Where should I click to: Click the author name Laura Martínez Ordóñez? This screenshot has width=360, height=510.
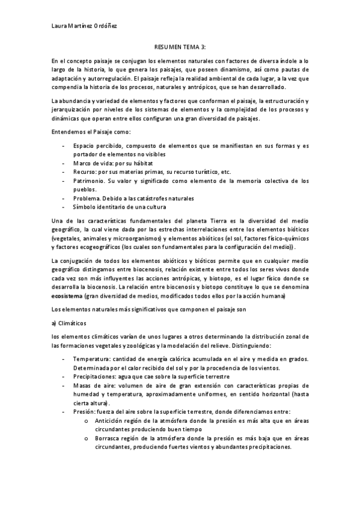(84, 26)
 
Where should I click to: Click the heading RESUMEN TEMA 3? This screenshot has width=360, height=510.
(180, 52)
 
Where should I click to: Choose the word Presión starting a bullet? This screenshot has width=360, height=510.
(85, 412)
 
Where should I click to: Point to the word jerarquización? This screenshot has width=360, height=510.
(73, 109)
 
